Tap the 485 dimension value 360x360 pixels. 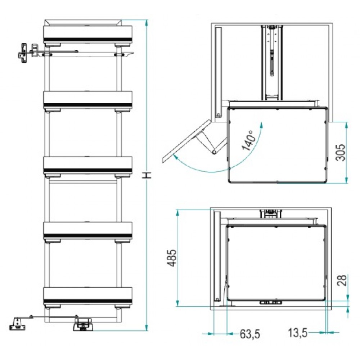pos(172,258)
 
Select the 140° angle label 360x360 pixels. pos(248,140)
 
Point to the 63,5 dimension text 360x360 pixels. pos(250,334)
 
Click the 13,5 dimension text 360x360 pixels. pos(298,333)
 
